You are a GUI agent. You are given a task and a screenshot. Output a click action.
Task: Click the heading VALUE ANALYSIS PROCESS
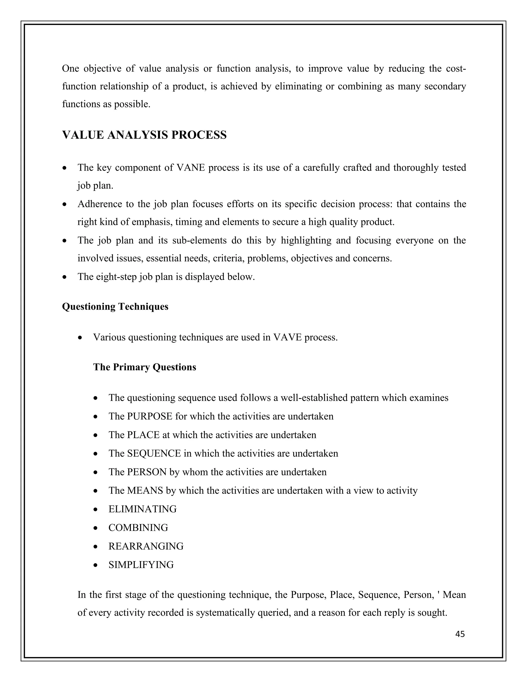pyautogui.click(x=144, y=135)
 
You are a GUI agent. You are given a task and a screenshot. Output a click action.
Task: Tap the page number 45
pyautogui.click(x=460, y=634)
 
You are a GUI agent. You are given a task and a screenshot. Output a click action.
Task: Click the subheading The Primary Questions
pyautogui.click(x=144, y=367)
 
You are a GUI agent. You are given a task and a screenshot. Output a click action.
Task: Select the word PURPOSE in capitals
pyautogui.click(x=150, y=416)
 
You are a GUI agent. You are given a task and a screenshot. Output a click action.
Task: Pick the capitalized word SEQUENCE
pyautogui.click(x=154, y=453)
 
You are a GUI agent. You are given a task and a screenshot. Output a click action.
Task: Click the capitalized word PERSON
pyautogui.click(x=147, y=472)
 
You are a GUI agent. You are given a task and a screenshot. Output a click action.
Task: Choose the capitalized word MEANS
pyautogui.click(x=145, y=491)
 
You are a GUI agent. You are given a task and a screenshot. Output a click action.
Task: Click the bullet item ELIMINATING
pyautogui.click(x=142, y=509)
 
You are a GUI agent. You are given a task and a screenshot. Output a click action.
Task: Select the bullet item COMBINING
pyautogui.click(x=138, y=528)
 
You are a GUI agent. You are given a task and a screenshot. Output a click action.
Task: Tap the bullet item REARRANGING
pyautogui.click(x=146, y=546)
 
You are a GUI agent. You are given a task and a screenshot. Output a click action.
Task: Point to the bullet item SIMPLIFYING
pyautogui.click(x=141, y=565)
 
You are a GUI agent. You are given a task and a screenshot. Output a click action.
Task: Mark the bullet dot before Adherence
pyautogui.click(x=64, y=205)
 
